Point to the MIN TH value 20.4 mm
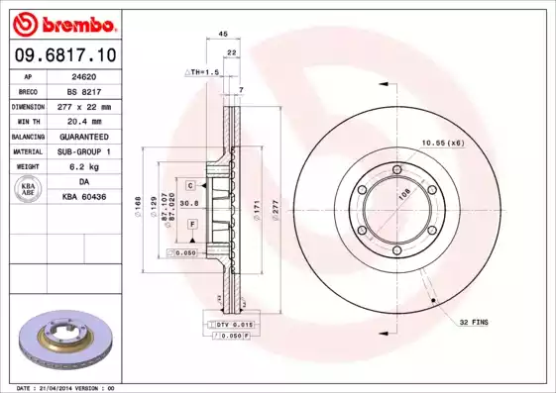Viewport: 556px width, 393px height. (83, 121)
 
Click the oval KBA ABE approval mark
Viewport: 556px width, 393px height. (30, 190)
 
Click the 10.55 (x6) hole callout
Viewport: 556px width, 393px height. (442, 144)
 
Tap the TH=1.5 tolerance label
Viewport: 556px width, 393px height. (203, 72)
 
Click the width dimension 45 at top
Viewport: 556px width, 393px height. (223, 35)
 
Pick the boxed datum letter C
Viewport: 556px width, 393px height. (190, 185)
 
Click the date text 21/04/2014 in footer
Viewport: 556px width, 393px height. (68, 387)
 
